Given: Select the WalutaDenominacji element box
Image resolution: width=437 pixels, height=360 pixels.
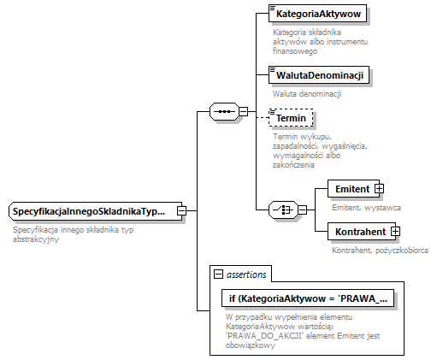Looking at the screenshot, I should coord(316,75).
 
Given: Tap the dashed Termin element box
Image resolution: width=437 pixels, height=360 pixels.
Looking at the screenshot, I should coord(291,118).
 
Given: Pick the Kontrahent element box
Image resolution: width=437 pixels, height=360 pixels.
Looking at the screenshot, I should coord(358,231).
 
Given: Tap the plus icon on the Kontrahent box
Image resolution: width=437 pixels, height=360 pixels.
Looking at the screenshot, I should coord(395,231).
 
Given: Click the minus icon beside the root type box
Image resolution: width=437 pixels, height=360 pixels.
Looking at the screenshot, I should coord(181,210).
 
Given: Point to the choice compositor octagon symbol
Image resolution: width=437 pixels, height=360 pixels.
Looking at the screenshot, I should coord(281,210).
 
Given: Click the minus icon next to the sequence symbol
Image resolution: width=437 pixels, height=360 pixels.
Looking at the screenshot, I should coord(244,111).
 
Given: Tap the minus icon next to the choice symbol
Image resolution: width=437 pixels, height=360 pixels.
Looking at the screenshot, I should coord(302,210).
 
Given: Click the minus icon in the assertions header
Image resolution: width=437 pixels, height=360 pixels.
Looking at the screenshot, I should coord(219,274).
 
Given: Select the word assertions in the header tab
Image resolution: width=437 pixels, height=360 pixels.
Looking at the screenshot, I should coord(246,274).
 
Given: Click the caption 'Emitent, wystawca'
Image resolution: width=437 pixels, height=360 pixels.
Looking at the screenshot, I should coord(365,207).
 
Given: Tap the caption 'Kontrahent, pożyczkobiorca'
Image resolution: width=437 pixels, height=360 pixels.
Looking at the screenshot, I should coord(379,250).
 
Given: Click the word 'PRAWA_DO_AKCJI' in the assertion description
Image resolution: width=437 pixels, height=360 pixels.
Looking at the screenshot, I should coord(263,336).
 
